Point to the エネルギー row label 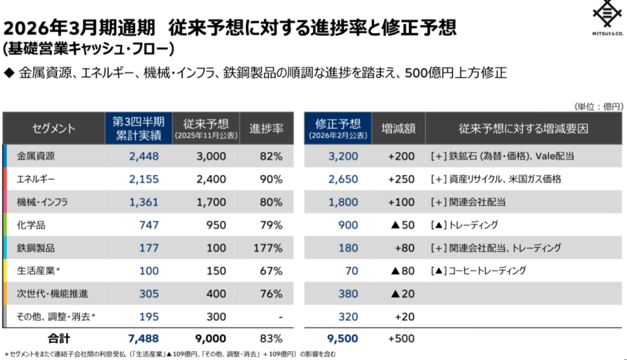pyautogui.click(x=36, y=179)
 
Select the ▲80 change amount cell pyautogui.click(x=402, y=271)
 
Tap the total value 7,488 pyautogui.click(x=144, y=339)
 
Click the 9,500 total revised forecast pyautogui.click(x=342, y=339)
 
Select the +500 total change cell pyautogui.click(x=402, y=339)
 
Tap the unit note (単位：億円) pyautogui.click(x=598, y=106)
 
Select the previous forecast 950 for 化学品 pyautogui.click(x=216, y=225)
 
